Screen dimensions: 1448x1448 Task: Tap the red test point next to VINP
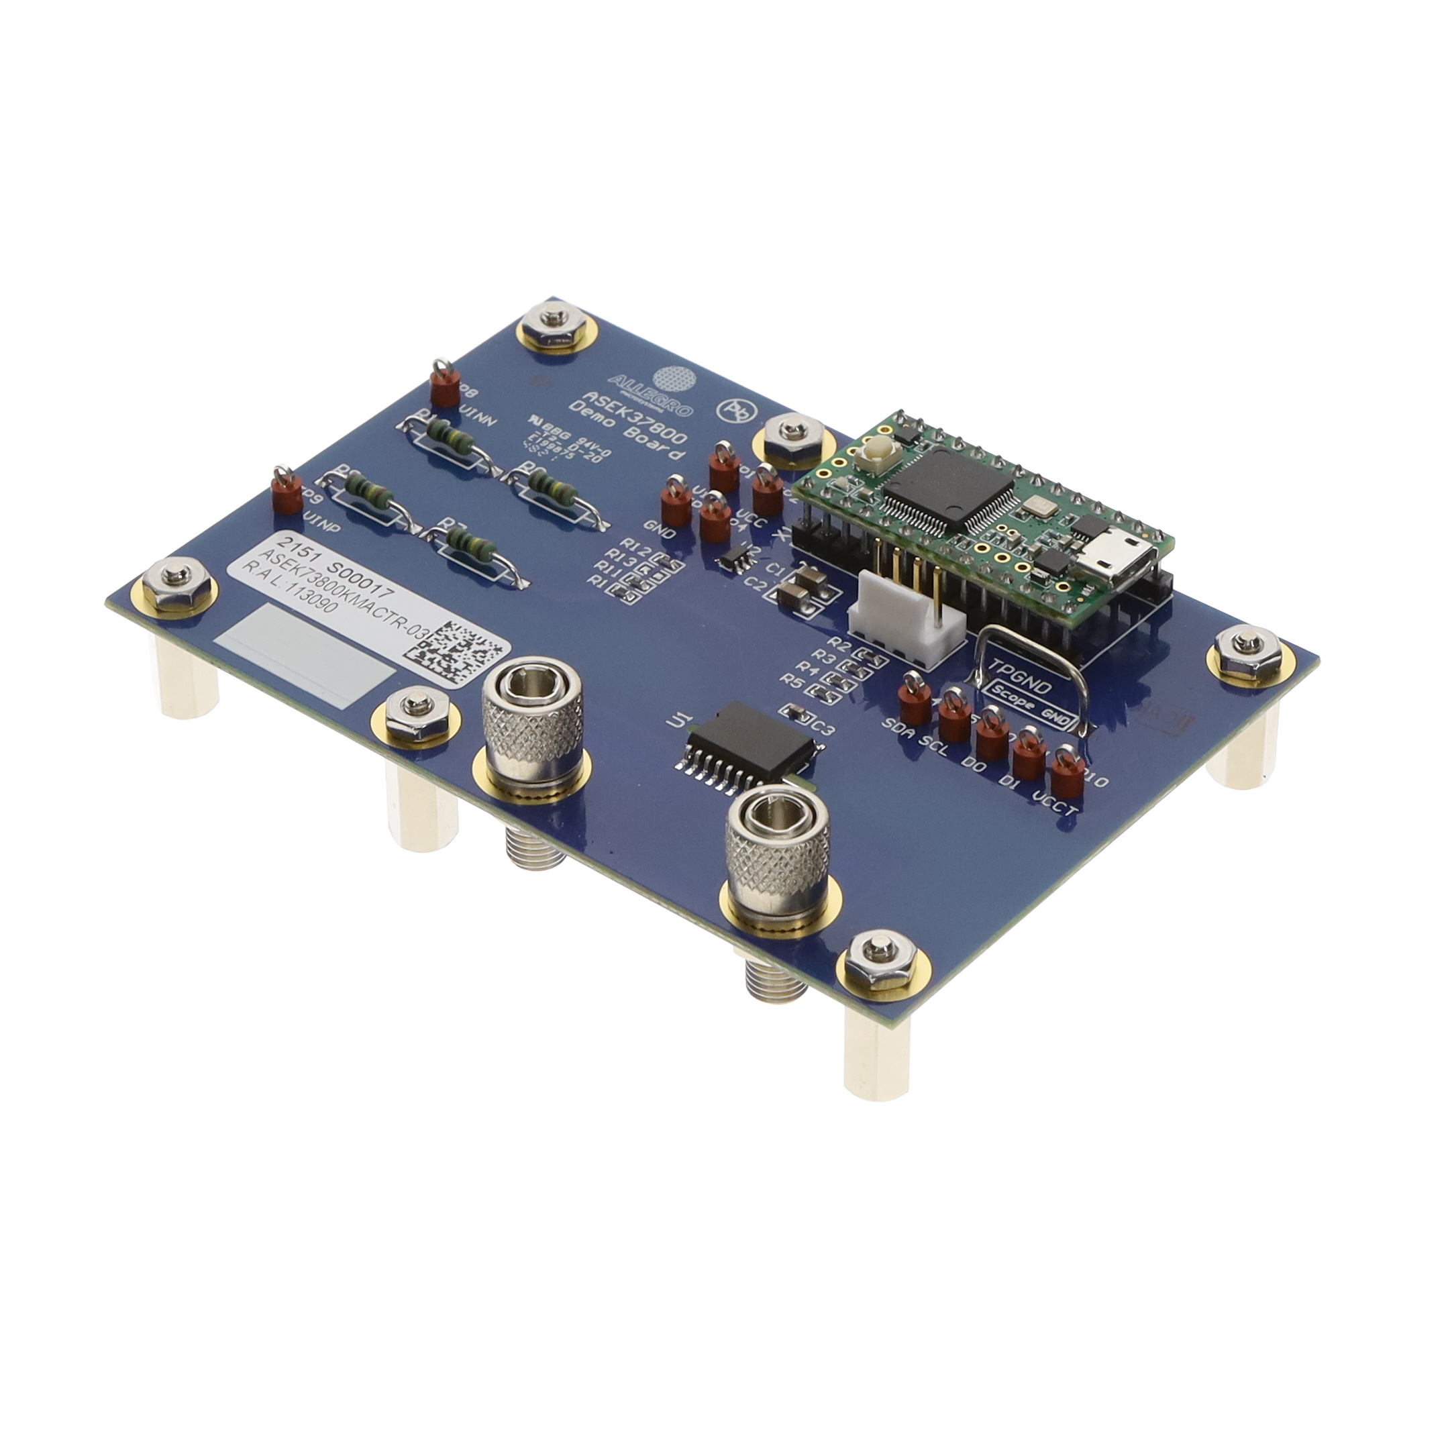coord(281,495)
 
